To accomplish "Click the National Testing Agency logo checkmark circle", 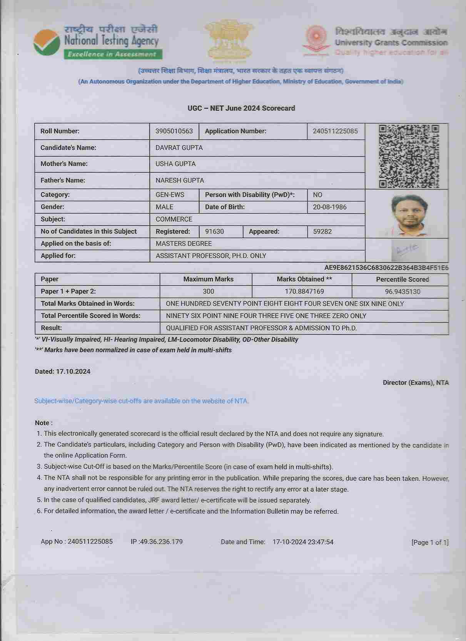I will [x=47, y=43].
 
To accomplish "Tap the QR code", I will [x=409, y=156].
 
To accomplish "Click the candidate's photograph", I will [x=407, y=214].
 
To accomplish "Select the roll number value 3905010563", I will [x=174, y=131].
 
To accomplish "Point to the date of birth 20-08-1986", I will [x=329, y=207].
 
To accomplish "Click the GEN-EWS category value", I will [x=170, y=195].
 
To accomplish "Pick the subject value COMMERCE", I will [x=174, y=219].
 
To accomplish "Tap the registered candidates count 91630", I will [x=214, y=232].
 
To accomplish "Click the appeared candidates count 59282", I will [x=322, y=232].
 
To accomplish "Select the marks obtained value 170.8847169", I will [x=304, y=292].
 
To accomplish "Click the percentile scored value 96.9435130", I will [x=403, y=292].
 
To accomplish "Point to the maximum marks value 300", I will [x=208, y=292].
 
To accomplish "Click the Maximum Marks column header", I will [x=208, y=279].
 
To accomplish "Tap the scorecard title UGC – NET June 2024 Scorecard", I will [x=241, y=108].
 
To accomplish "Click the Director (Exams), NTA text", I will [x=416, y=383].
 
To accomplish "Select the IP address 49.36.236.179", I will [x=161, y=542].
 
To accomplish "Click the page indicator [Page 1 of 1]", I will [x=430, y=542].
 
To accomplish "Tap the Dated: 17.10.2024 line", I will [x=63, y=372].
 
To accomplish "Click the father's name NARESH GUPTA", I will [x=180, y=181].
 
